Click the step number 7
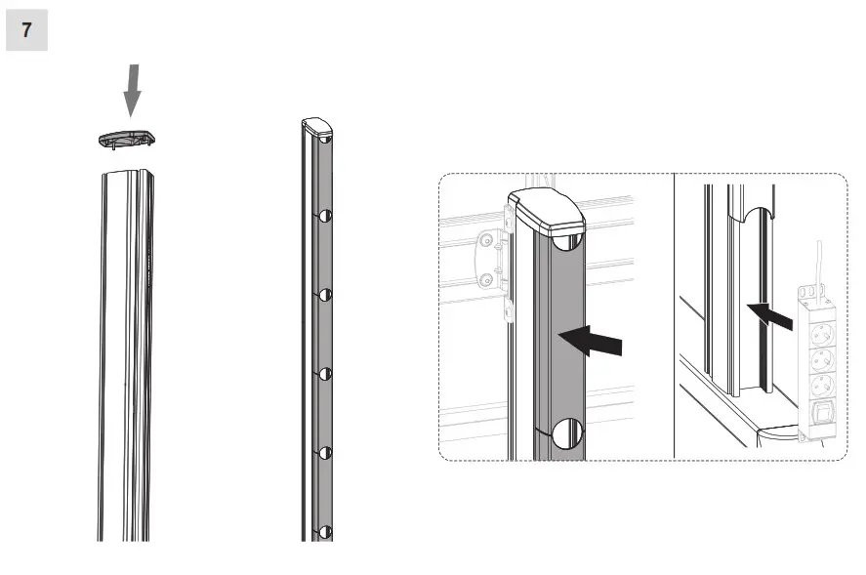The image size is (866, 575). pos(26,30)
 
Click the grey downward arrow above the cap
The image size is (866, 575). pos(133,90)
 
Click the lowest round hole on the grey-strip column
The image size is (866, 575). pos(326,533)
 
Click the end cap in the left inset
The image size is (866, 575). pos(546,212)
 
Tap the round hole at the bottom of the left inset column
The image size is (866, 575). pos(567,433)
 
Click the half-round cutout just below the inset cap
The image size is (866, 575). pos(567,240)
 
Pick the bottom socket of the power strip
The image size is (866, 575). pos(820,384)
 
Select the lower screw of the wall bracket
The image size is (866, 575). pos(486,281)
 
